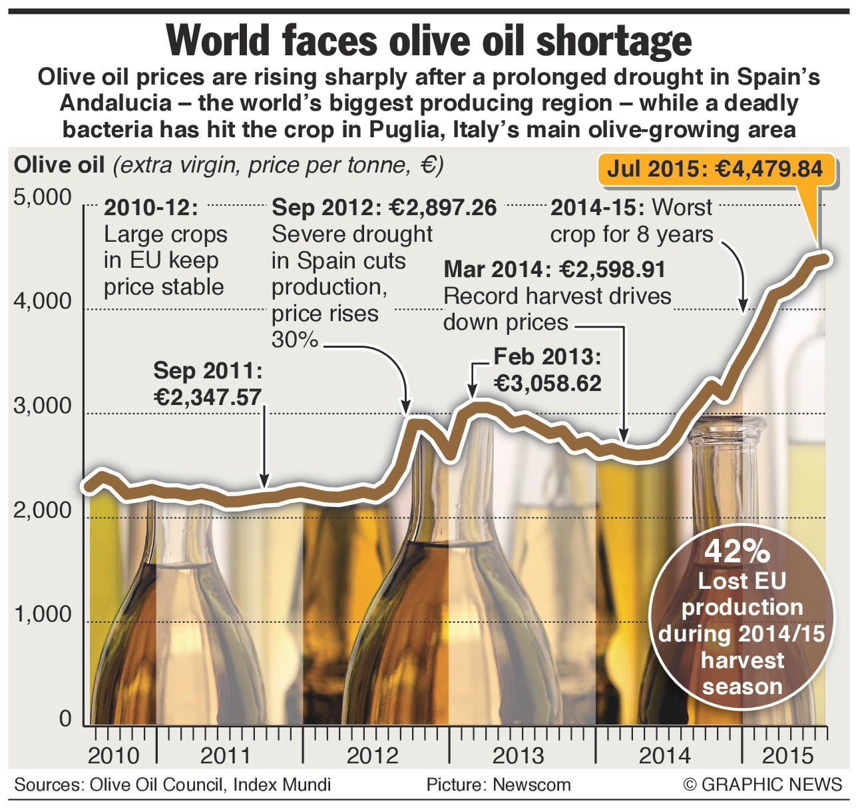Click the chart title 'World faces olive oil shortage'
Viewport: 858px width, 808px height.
[x=429, y=41]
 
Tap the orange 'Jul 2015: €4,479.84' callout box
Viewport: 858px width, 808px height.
[x=714, y=169]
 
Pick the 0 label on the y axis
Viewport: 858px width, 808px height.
[x=65, y=719]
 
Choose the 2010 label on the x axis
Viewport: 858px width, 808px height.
[x=114, y=756]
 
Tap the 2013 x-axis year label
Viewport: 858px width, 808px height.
[x=518, y=756]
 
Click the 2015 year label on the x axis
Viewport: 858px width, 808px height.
[x=787, y=756]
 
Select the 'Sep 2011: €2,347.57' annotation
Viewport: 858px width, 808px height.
[x=208, y=384]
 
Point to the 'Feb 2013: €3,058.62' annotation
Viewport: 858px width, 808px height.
[x=547, y=370]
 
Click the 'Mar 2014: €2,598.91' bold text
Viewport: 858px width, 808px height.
[x=554, y=270]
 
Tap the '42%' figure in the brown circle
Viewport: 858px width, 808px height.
[x=737, y=552]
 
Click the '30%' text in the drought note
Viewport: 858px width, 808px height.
[x=295, y=340]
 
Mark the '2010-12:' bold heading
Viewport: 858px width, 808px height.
[x=151, y=208]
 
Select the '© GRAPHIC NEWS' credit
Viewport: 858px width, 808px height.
[x=763, y=785]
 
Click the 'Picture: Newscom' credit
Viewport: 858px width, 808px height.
[x=499, y=785]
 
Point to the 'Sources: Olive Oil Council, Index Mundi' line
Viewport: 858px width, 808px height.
[x=172, y=785]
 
